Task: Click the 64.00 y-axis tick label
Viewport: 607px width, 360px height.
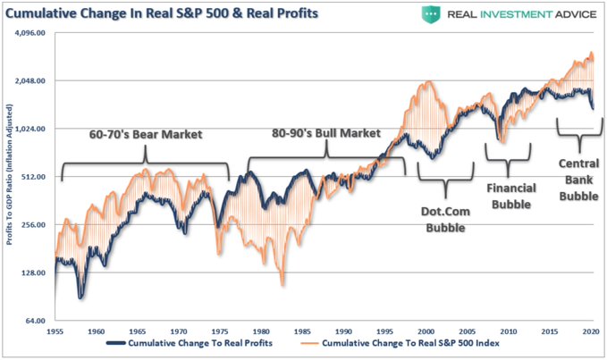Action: click(41, 321)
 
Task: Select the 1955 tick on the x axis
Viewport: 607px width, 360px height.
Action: click(55, 331)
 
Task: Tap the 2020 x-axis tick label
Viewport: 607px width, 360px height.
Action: click(591, 331)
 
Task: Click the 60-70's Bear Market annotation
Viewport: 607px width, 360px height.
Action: click(146, 135)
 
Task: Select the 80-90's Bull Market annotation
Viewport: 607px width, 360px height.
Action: click(326, 133)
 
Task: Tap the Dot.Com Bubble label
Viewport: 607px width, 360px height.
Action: click(444, 220)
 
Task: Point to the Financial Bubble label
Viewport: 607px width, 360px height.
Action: click(510, 197)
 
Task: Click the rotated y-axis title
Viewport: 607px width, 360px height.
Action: click(12, 178)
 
